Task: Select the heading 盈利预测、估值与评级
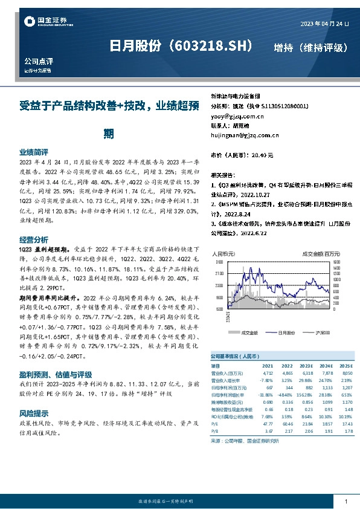(x=57, y=374)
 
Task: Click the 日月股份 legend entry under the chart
(x=288, y=332)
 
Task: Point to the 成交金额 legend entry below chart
(x=248, y=332)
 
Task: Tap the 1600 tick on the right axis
(x=337, y=263)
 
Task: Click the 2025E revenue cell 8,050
(x=345, y=374)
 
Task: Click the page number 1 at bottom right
(x=346, y=502)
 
